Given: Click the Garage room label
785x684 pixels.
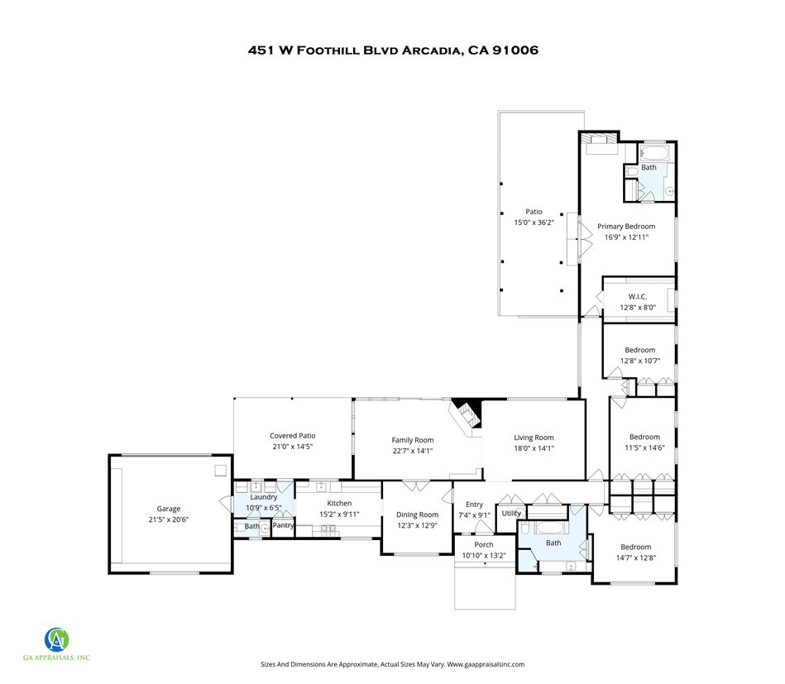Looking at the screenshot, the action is tap(168, 509).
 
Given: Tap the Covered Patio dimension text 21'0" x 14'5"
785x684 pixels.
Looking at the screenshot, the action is tap(292, 447).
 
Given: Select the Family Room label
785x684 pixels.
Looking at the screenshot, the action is tap(413, 440).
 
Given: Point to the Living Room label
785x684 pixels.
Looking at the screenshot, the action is tap(534, 438).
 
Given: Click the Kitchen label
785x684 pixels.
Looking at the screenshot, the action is tap(339, 503).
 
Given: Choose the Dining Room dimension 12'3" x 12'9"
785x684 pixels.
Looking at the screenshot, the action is tap(417, 526).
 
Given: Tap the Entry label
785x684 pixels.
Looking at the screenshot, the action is tap(474, 505).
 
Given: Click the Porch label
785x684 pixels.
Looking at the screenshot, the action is tap(484, 545).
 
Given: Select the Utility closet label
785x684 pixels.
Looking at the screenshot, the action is tap(511, 514).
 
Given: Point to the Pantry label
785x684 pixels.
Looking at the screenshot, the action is tap(284, 525).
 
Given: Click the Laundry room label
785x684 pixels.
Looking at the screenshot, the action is tap(263, 497).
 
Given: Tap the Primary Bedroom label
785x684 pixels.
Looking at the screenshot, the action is tap(626, 227).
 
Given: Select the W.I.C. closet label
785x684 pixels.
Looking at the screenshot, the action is tap(638, 296).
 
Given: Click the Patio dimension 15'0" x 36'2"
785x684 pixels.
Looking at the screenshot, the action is tap(534, 222).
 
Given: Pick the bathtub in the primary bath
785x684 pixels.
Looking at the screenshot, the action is tap(656, 153).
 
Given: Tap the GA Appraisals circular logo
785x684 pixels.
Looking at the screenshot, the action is tap(56, 639).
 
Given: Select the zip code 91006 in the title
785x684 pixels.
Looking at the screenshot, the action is tap(515, 50).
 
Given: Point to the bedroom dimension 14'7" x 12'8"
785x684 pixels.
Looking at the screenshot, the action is tap(636, 557).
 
